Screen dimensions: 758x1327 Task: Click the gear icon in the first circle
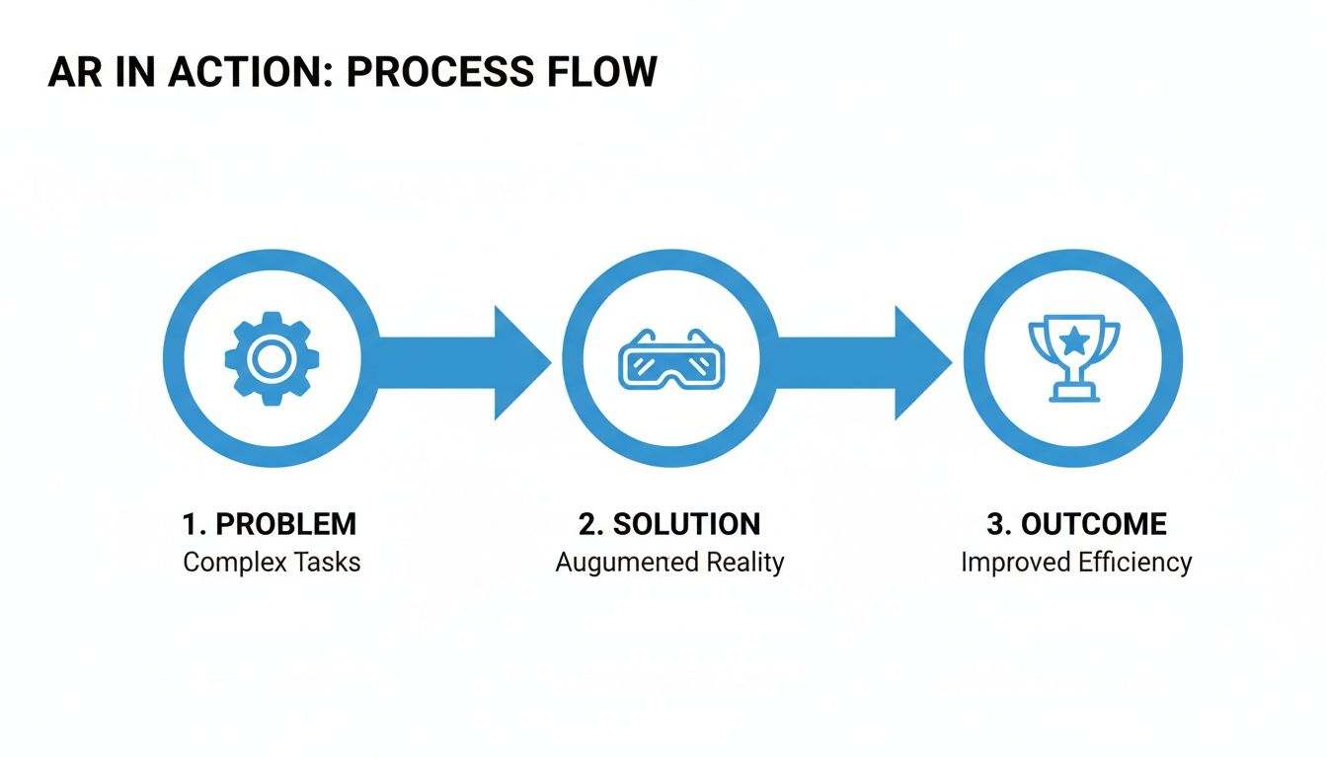coord(269,358)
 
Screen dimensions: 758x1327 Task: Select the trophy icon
coord(1073,357)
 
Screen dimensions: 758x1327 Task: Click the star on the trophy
coord(1074,341)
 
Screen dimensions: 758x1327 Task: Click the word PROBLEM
coord(285,524)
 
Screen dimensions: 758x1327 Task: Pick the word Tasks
coord(327,563)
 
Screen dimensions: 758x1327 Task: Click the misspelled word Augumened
coord(613,564)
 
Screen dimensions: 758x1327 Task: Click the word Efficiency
coord(1135,564)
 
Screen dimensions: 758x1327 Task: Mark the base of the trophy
coord(1074,395)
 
